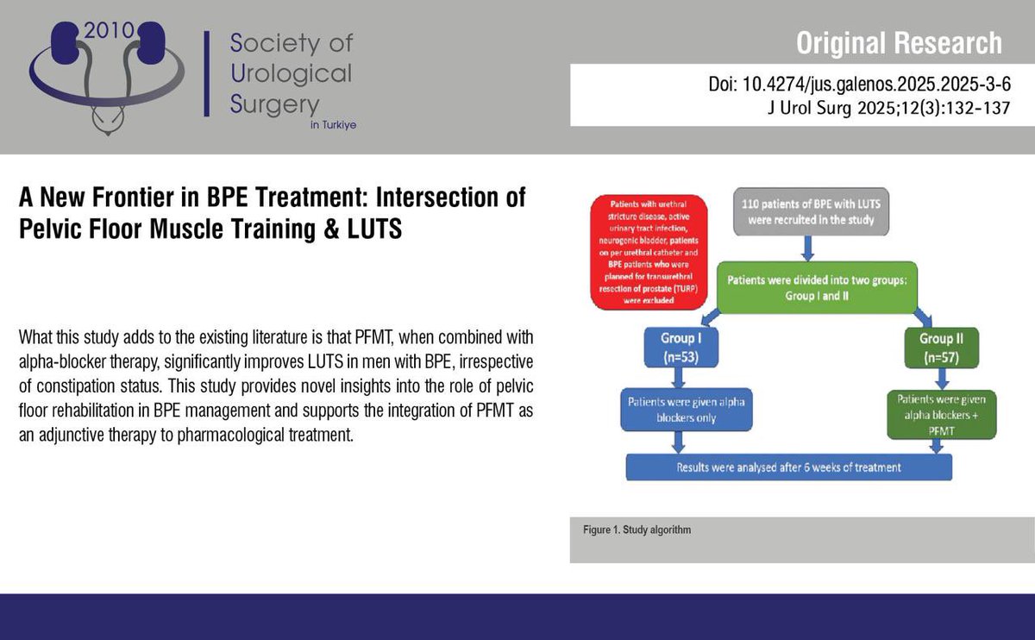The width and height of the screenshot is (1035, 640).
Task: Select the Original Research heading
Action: pos(899,42)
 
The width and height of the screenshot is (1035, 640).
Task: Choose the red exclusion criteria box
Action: pos(648,251)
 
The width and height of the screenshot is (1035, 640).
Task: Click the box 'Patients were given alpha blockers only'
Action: pos(681,407)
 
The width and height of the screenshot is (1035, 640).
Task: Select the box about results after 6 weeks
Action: pos(789,467)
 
